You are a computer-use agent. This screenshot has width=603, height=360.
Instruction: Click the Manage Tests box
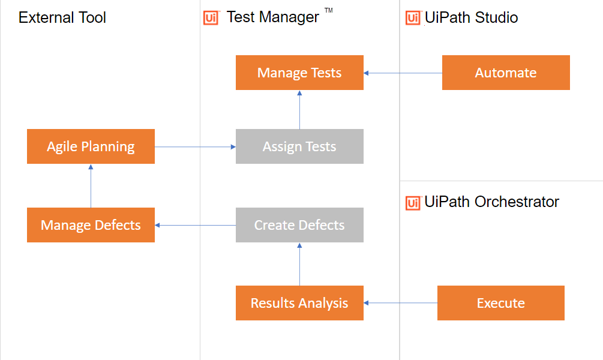[x=299, y=73]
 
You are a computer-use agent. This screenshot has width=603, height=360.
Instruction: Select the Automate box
[x=506, y=73]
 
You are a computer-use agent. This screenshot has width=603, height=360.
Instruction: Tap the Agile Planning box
[x=91, y=146]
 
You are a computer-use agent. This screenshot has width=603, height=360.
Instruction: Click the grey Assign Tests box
[x=299, y=146]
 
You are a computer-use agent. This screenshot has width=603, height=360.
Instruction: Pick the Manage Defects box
[x=91, y=225]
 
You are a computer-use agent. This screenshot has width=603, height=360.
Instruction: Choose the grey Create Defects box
[x=299, y=225]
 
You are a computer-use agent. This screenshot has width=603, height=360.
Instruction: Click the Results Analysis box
[x=299, y=303]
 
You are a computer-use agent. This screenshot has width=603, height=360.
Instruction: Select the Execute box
[x=501, y=303]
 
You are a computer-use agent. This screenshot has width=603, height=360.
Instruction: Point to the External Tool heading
[x=62, y=18]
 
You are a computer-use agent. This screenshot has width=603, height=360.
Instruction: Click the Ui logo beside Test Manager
[x=211, y=18]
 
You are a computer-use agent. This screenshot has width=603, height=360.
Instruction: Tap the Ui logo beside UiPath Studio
[x=413, y=18]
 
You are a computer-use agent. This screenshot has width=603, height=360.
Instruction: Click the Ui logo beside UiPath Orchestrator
[x=413, y=203]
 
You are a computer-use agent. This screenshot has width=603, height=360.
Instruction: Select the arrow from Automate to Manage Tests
[x=403, y=73]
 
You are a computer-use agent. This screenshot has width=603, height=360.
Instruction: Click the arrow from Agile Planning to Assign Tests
[x=195, y=146]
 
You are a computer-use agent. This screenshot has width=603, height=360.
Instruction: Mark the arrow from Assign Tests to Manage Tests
[x=299, y=109]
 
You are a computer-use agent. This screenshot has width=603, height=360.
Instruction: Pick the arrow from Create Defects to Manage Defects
[x=195, y=225]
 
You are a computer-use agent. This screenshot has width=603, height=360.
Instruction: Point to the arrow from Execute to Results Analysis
[x=400, y=303]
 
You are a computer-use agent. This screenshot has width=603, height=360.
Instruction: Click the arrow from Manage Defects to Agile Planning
[x=91, y=185]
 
